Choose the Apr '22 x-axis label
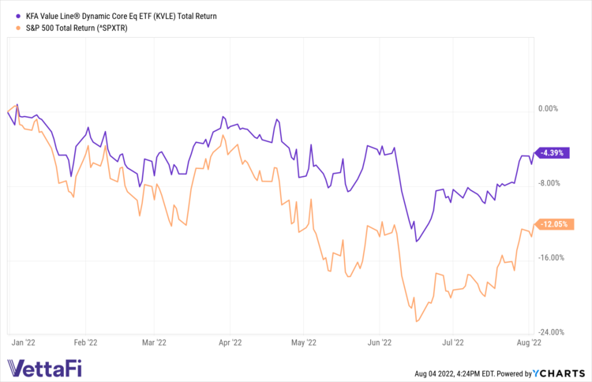(230, 343)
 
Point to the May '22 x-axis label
(304, 343)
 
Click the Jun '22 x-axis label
(380, 343)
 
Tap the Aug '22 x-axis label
(527, 343)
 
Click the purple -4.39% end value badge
(551, 153)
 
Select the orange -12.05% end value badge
(552, 224)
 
